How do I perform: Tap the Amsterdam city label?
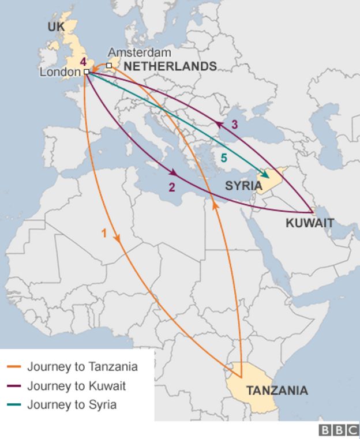coord(132,52)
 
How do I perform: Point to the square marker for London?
coord(86,72)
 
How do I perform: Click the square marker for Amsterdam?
coord(109,65)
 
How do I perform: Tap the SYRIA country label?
coord(243,186)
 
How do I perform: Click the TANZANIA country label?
coord(277,391)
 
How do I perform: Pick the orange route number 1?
coord(104,234)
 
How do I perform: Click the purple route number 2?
coord(172,187)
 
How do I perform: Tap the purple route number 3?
coord(234,124)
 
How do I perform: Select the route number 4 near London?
coord(83,61)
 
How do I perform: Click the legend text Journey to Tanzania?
coord(82,366)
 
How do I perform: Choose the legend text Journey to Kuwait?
coord(76,385)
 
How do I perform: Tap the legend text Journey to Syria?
coord(72,404)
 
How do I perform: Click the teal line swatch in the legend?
coord(15,404)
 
